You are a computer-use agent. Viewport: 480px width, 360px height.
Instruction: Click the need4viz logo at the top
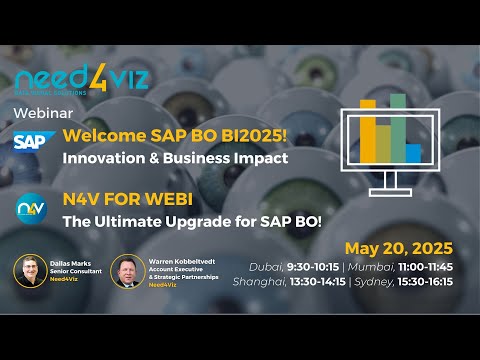(82, 77)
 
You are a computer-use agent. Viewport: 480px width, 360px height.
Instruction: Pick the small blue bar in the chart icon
(412, 152)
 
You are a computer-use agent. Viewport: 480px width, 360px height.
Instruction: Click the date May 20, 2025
(398, 248)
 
